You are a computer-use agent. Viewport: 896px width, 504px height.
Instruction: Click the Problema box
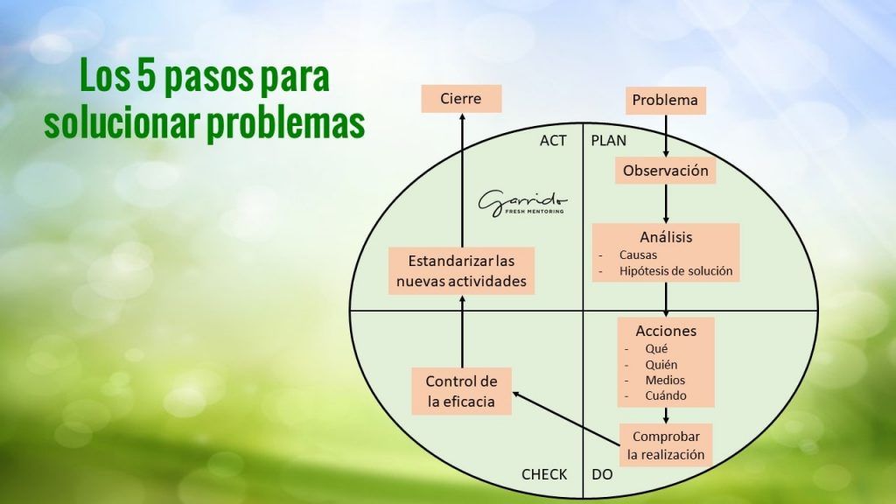click(x=665, y=100)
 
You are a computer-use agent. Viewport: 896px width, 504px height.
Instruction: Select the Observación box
click(x=665, y=171)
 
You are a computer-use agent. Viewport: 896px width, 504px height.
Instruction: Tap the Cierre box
click(x=461, y=98)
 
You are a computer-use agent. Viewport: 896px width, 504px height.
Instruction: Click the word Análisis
click(x=666, y=237)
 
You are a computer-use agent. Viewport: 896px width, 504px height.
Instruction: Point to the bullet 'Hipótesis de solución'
click(x=675, y=271)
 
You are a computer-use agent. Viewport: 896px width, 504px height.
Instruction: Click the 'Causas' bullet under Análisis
click(x=639, y=255)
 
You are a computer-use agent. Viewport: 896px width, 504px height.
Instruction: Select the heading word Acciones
click(x=666, y=331)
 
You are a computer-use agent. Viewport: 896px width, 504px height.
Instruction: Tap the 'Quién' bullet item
click(x=661, y=364)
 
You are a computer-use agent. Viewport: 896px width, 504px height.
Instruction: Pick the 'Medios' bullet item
click(x=665, y=380)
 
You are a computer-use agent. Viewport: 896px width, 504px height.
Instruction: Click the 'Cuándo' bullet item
click(x=666, y=395)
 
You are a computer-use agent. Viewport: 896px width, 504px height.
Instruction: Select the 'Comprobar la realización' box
click(x=666, y=445)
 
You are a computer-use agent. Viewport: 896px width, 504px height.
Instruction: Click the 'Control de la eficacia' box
click(x=461, y=391)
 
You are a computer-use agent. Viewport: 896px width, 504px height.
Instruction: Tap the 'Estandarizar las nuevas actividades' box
click(x=461, y=270)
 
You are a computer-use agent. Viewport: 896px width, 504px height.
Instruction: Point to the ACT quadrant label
click(x=553, y=140)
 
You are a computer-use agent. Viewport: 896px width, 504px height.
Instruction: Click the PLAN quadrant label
click(x=609, y=140)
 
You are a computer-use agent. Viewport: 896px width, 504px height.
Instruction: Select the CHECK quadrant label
click(x=544, y=474)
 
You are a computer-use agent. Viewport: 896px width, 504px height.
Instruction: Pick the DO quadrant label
click(x=602, y=474)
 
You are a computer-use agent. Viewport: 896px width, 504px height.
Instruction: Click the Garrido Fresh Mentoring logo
click(x=521, y=202)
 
